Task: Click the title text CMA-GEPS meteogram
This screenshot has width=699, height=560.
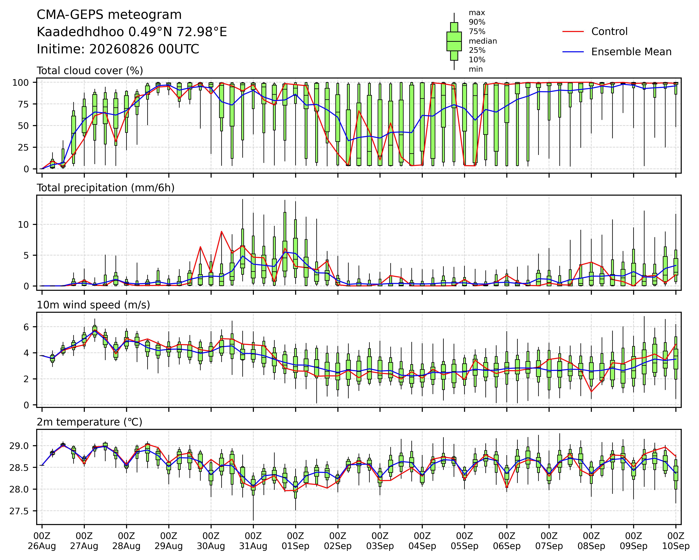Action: tap(109, 15)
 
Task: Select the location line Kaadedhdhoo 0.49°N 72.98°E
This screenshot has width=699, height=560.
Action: tap(132, 32)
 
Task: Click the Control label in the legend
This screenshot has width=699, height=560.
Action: tap(609, 31)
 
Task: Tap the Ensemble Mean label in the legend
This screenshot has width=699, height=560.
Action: tap(631, 52)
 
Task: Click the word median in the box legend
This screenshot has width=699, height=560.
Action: tap(483, 41)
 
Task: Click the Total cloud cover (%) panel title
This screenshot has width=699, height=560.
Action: tap(90, 71)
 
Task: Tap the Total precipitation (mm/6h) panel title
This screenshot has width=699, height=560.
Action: tap(106, 188)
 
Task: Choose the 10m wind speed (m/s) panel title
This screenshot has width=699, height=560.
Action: tap(93, 305)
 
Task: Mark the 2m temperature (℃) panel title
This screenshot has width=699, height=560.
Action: tap(89, 422)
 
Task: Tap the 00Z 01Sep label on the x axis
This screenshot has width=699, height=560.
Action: tap(295, 541)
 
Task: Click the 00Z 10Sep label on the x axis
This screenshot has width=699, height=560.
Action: tap(676, 541)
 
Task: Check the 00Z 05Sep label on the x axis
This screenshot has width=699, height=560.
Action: tap(465, 541)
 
